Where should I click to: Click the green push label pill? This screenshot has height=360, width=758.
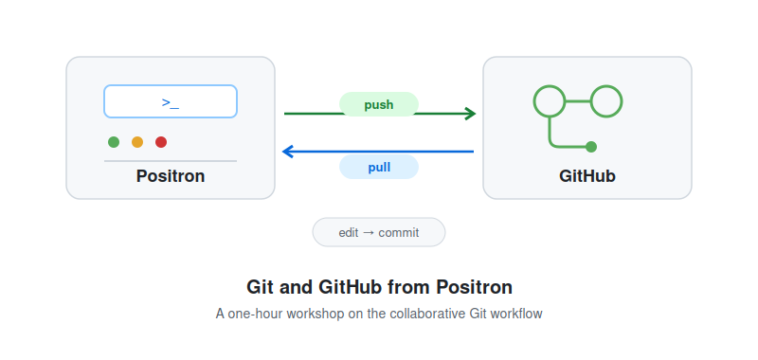(378, 104)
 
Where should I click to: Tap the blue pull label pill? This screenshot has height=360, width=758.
(378, 167)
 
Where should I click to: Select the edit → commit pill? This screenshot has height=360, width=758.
(378, 232)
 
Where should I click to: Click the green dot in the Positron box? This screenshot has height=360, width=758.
(114, 142)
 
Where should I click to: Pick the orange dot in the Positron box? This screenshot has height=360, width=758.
(137, 142)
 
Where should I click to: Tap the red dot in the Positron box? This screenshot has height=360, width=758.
(161, 142)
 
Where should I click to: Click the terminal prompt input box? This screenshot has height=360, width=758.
(171, 101)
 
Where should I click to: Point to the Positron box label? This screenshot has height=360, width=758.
(171, 176)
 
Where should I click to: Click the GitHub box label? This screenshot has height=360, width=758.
(587, 176)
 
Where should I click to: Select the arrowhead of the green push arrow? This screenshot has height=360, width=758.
(471, 114)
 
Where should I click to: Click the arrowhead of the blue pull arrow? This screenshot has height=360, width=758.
(288, 152)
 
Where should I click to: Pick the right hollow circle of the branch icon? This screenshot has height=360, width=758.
(606, 87)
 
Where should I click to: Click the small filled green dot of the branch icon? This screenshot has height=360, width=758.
(590, 147)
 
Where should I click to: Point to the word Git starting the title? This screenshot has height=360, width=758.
(257, 287)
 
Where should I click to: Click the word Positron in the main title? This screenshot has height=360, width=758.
(475, 287)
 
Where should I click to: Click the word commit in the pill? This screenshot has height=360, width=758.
(399, 233)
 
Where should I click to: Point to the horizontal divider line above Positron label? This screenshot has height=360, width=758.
(171, 161)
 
